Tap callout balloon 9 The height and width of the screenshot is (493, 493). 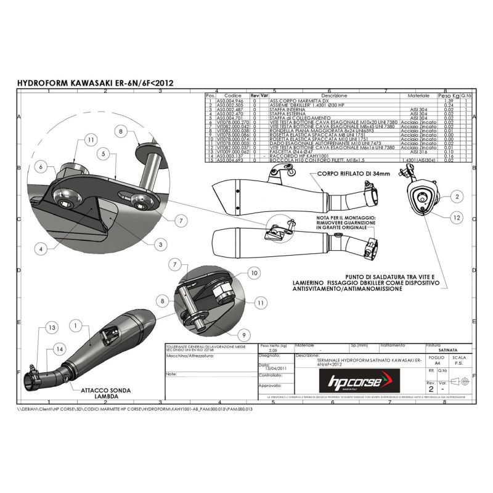click(245, 335)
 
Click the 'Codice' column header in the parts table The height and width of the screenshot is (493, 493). click(232, 96)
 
